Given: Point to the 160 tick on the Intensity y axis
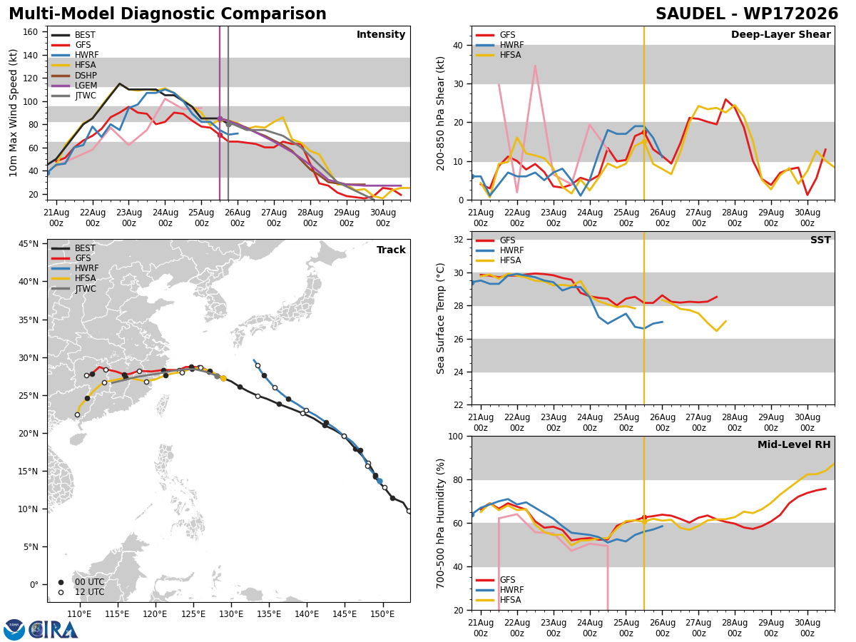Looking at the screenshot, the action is pos(31,32).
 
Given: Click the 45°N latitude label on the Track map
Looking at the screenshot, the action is pos(29,244).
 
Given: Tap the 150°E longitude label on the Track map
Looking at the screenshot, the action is pos(382,614).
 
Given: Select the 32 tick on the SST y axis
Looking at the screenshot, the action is pos(458,240).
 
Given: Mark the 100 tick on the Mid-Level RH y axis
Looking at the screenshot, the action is pos(456,436).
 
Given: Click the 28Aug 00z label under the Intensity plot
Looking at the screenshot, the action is pos(310,218).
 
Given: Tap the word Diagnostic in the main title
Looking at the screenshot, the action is pos(165,14).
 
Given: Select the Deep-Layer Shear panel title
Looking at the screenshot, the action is pos(780,34).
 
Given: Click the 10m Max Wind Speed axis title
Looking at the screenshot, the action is pos(13,113).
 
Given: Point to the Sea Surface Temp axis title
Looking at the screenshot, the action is pos(440,319).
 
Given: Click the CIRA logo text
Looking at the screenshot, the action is pos(53,630).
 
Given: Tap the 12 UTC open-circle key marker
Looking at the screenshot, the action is pos(61,593).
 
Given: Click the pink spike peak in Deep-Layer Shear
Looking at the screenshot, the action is pos(536,66).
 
